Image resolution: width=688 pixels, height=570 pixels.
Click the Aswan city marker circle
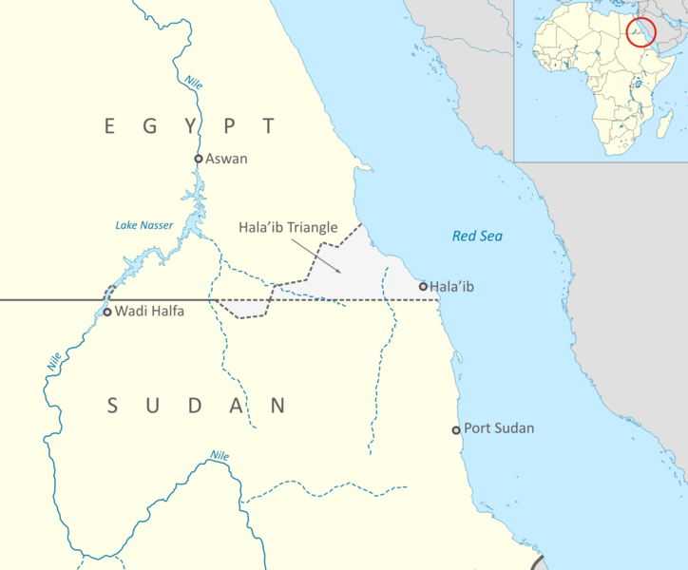click(x=199, y=159)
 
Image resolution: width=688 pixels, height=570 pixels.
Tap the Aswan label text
click(x=226, y=159)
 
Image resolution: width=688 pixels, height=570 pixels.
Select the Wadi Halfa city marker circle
click(x=107, y=312)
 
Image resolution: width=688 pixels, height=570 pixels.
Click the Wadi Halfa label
click(x=145, y=312)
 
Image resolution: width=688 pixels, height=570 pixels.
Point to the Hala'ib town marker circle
click(x=423, y=286)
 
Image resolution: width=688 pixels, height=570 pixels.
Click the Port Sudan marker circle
click(x=456, y=430)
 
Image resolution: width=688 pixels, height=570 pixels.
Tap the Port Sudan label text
click(x=499, y=428)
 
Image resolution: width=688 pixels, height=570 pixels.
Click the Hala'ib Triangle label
click(x=288, y=229)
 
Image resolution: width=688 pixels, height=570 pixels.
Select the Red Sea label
click(x=477, y=236)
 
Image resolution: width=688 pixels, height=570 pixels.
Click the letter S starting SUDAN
click(x=112, y=407)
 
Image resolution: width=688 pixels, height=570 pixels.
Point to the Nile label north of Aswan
click(x=194, y=83)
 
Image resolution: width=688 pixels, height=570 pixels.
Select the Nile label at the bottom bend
click(x=220, y=456)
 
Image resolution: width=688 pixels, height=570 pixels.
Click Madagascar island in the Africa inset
click(x=655, y=124)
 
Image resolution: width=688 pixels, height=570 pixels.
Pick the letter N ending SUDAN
click(x=277, y=407)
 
